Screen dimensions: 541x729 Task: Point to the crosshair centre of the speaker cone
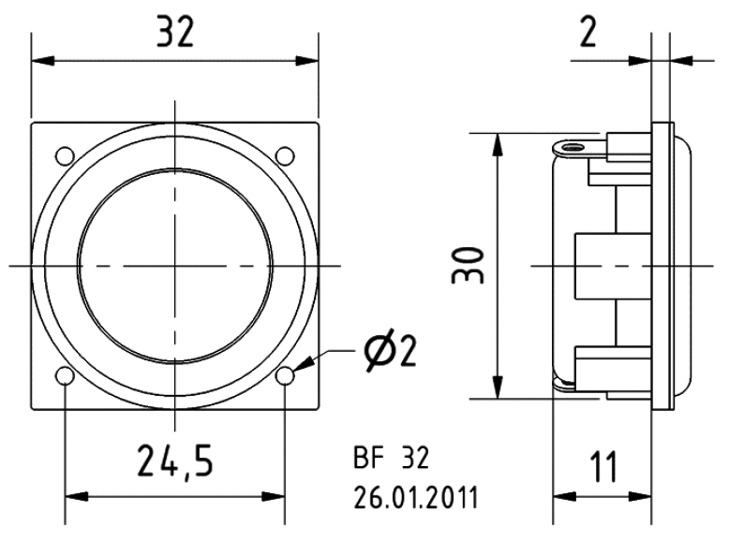click(174, 265)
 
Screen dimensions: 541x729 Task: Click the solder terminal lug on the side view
click(570, 147)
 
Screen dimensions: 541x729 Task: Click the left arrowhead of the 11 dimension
click(561, 495)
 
